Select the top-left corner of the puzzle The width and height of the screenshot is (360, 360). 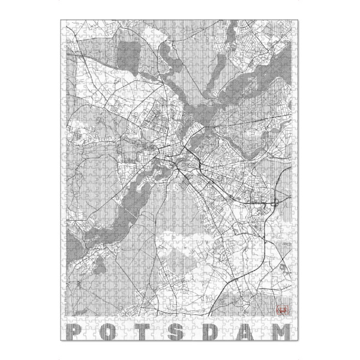[62, 20]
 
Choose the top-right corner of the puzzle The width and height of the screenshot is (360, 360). [298, 20]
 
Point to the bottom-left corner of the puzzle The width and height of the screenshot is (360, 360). [62, 342]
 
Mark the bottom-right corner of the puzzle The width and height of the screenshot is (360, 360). [298, 342]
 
